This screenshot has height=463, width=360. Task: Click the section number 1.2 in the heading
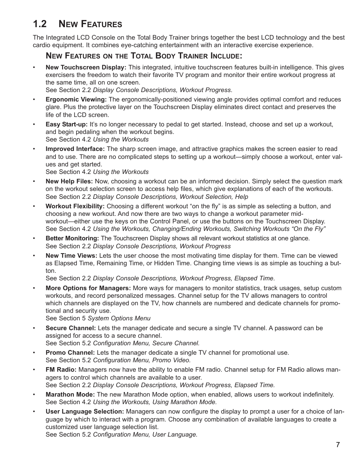(40, 24)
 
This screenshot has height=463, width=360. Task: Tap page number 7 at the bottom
(338, 445)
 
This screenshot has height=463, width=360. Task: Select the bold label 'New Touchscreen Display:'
(86, 68)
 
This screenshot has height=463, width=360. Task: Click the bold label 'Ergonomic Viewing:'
(76, 100)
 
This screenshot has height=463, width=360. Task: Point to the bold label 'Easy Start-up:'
(66, 125)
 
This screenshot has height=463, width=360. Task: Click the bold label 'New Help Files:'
(69, 182)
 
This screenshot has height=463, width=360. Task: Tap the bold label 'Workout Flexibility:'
(75, 206)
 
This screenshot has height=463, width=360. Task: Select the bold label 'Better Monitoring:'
(72, 238)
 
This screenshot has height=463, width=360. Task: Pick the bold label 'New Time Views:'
(71, 256)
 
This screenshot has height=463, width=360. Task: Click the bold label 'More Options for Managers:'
(88, 288)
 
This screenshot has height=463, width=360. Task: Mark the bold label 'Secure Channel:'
(71, 328)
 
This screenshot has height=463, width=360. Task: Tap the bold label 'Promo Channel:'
(70, 353)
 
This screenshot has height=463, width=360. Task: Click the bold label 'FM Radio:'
(61, 370)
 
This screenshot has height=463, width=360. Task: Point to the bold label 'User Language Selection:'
(85, 412)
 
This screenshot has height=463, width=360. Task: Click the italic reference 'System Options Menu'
(119, 318)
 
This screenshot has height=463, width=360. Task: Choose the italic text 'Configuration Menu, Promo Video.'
(142, 360)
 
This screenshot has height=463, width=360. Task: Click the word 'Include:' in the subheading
(223, 56)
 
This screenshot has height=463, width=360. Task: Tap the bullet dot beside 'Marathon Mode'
(34, 395)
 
